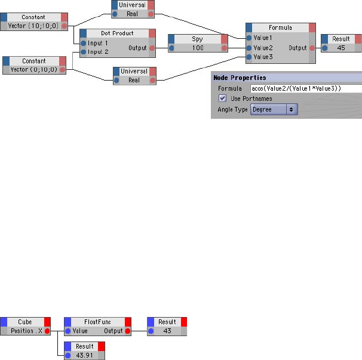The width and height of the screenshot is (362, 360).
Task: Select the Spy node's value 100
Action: [198, 48]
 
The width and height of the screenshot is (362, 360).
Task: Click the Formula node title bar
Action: [280, 27]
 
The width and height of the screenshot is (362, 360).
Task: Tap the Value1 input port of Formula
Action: [250, 38]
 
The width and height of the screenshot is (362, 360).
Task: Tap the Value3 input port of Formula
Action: [250, 57]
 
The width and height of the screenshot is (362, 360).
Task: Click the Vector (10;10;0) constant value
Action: [33, 26]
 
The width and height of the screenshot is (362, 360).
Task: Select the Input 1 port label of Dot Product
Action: [98, 43]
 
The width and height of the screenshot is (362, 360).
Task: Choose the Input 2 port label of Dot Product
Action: [98, 52]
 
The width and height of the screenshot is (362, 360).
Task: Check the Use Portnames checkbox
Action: [222, 99]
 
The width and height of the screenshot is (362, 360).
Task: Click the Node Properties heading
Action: [240, 78]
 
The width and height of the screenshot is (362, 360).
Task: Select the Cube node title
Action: [25, 322]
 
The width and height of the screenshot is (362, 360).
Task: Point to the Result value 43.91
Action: [85, 355]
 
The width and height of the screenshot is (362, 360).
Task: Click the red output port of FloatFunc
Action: [127, 331]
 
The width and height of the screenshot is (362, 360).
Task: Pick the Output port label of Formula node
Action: [297, 48]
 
